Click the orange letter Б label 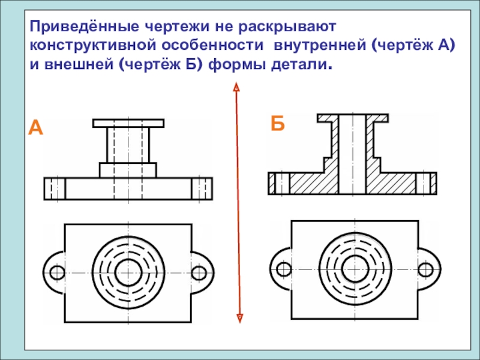277,124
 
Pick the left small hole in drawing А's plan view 57,272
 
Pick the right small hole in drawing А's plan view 199,272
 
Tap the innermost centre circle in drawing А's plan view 128,272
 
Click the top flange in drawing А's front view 128,123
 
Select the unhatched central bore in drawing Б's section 352,153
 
